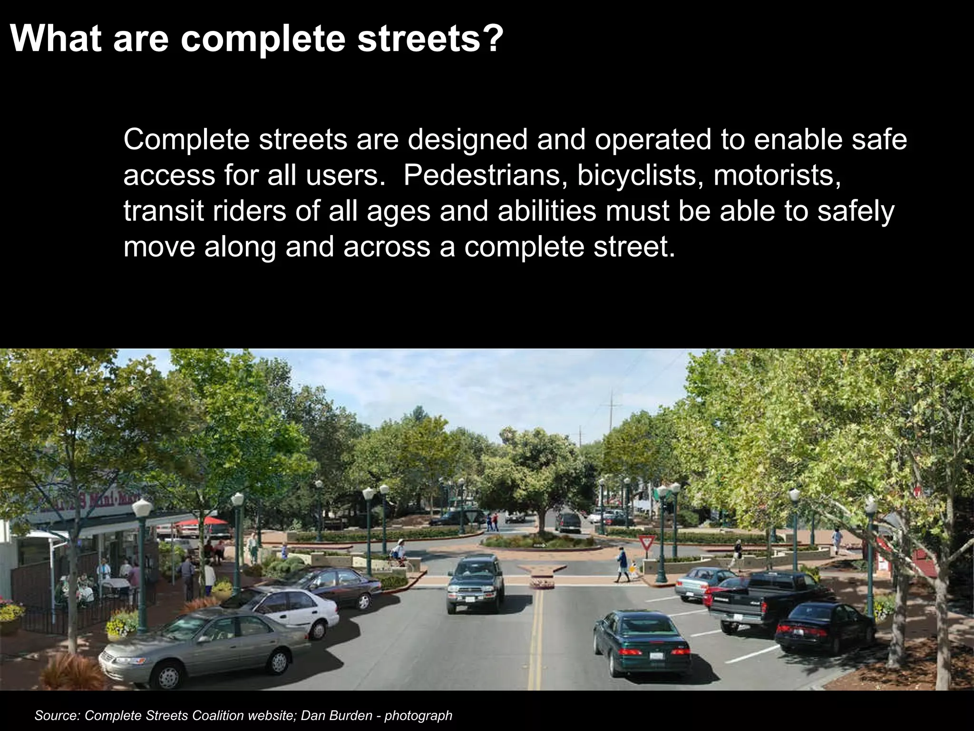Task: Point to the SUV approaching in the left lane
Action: [475, 583]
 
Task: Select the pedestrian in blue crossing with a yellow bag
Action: [622, 564]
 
